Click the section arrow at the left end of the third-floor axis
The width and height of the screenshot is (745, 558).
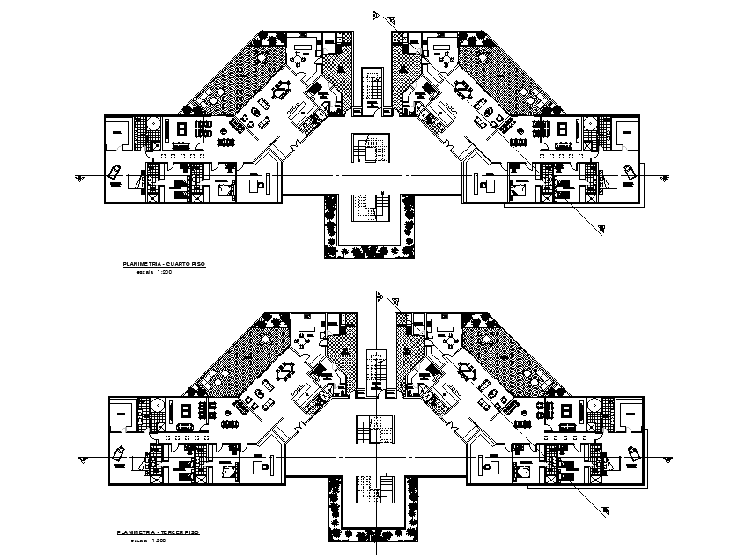83,459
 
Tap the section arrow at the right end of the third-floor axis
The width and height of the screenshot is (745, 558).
668,459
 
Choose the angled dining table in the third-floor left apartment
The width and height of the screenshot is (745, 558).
288,370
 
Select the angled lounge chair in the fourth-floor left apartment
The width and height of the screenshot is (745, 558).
115,173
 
